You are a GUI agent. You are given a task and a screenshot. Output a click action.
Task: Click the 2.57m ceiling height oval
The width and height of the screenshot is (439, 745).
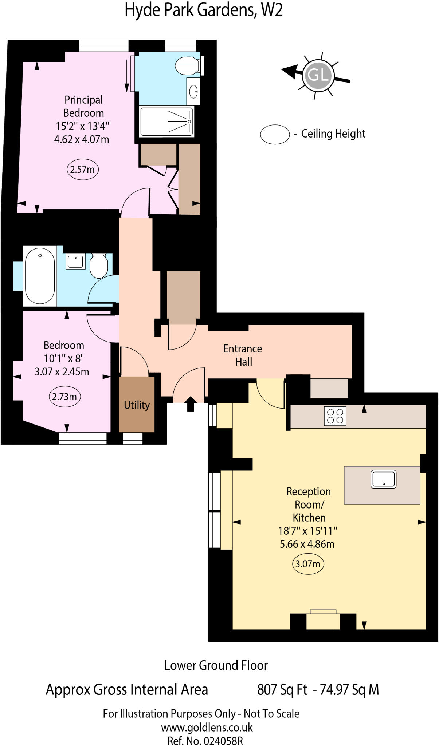pos(83,169)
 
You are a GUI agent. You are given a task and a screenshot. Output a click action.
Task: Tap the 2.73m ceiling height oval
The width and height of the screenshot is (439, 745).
pos(64,397)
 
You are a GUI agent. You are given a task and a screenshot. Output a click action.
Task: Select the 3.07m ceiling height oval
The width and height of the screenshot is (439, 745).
pos(308,564)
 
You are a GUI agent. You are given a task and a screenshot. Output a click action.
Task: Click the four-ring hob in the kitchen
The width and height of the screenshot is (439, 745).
pos(335,416)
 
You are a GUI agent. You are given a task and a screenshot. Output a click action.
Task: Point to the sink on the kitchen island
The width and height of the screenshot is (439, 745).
pos(383,479)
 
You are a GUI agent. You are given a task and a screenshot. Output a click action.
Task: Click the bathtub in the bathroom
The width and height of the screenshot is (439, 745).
pos(40,275)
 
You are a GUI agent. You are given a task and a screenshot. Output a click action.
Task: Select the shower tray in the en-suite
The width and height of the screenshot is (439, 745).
pos(166,121)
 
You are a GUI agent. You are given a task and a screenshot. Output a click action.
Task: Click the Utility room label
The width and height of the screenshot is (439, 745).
pos(137,405)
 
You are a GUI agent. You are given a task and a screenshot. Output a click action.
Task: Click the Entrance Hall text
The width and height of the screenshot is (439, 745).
pos(243,355)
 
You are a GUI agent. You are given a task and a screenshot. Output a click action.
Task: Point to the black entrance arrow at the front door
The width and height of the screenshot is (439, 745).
pos(191,403)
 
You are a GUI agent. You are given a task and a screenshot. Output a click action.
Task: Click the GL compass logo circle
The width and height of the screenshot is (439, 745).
pos(318,75)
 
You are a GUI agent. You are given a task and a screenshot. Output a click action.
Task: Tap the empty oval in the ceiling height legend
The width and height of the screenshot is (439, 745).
pos(275,134)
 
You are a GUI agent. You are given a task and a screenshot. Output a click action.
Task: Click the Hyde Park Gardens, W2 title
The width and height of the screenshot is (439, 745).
pos(204,10)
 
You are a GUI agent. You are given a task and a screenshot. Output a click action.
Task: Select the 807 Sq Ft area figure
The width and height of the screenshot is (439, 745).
pos(282,689)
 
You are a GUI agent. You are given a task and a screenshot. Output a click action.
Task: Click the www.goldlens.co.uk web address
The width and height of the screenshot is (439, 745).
pos(207,728)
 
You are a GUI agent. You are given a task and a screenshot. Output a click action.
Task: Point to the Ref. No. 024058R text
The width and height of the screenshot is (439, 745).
pos(205,740)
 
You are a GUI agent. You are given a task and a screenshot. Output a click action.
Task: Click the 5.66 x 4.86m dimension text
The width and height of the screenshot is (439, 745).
pos(307,544)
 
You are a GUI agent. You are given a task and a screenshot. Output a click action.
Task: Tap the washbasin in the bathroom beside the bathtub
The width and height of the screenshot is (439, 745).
pos(75,262)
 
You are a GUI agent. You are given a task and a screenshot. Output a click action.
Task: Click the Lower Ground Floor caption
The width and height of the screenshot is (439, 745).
pos(216,665)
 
